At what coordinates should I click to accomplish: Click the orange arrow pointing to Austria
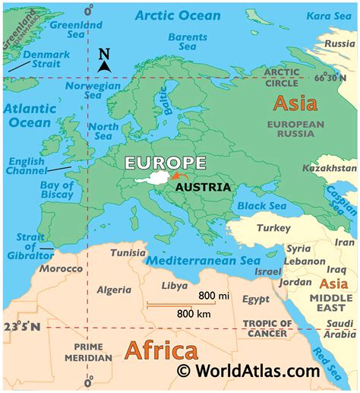click(x=178, y=176)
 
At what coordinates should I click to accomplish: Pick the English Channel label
click(x=27, y=166)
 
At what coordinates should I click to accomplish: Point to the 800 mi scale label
click(x=215, y=296)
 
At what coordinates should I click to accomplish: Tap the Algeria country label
click(x=115, y=290)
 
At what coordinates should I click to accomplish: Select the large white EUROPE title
click(x=165, y=163)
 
